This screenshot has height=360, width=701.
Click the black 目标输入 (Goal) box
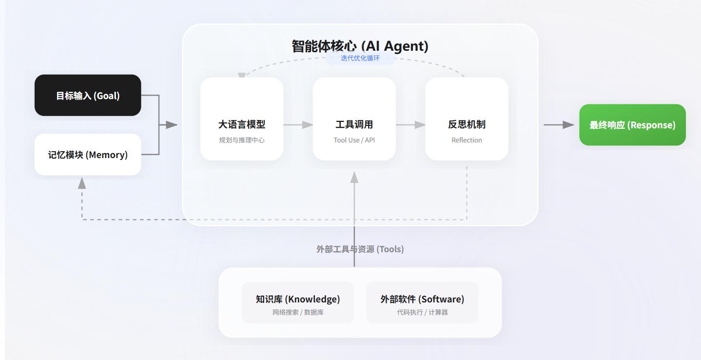coord(88,95)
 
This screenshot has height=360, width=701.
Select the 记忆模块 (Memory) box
coord(88,155)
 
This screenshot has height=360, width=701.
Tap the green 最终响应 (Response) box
coord(632,124)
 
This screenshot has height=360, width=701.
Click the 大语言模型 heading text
coord(242,124)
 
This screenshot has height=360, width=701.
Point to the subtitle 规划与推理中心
coord(242,140)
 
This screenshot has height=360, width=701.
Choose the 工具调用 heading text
coord(354,124)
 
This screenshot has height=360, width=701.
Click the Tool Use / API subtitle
coord(354,140)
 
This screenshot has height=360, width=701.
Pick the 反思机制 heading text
coord(467,124)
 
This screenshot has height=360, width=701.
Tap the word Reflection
coord(467,140)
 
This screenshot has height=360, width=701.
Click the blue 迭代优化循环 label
coord(360,58)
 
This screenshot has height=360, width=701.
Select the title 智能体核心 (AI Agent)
coord(360,46)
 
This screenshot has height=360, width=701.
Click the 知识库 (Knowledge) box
coord(298,302)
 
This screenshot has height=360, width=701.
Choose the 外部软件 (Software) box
coord(422,302)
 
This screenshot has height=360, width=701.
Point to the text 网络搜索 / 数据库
coord(298,312)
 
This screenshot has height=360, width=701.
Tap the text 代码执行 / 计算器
coord(422,312)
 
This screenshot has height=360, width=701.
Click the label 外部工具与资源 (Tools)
coord(360,249)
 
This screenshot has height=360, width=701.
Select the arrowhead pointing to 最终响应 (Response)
coord(568,124)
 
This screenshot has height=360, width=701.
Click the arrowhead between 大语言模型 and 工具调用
coord(307,124)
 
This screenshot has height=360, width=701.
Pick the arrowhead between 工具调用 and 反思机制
coord(420,124)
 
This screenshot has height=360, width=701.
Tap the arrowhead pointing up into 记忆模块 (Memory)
coord(82,183)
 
